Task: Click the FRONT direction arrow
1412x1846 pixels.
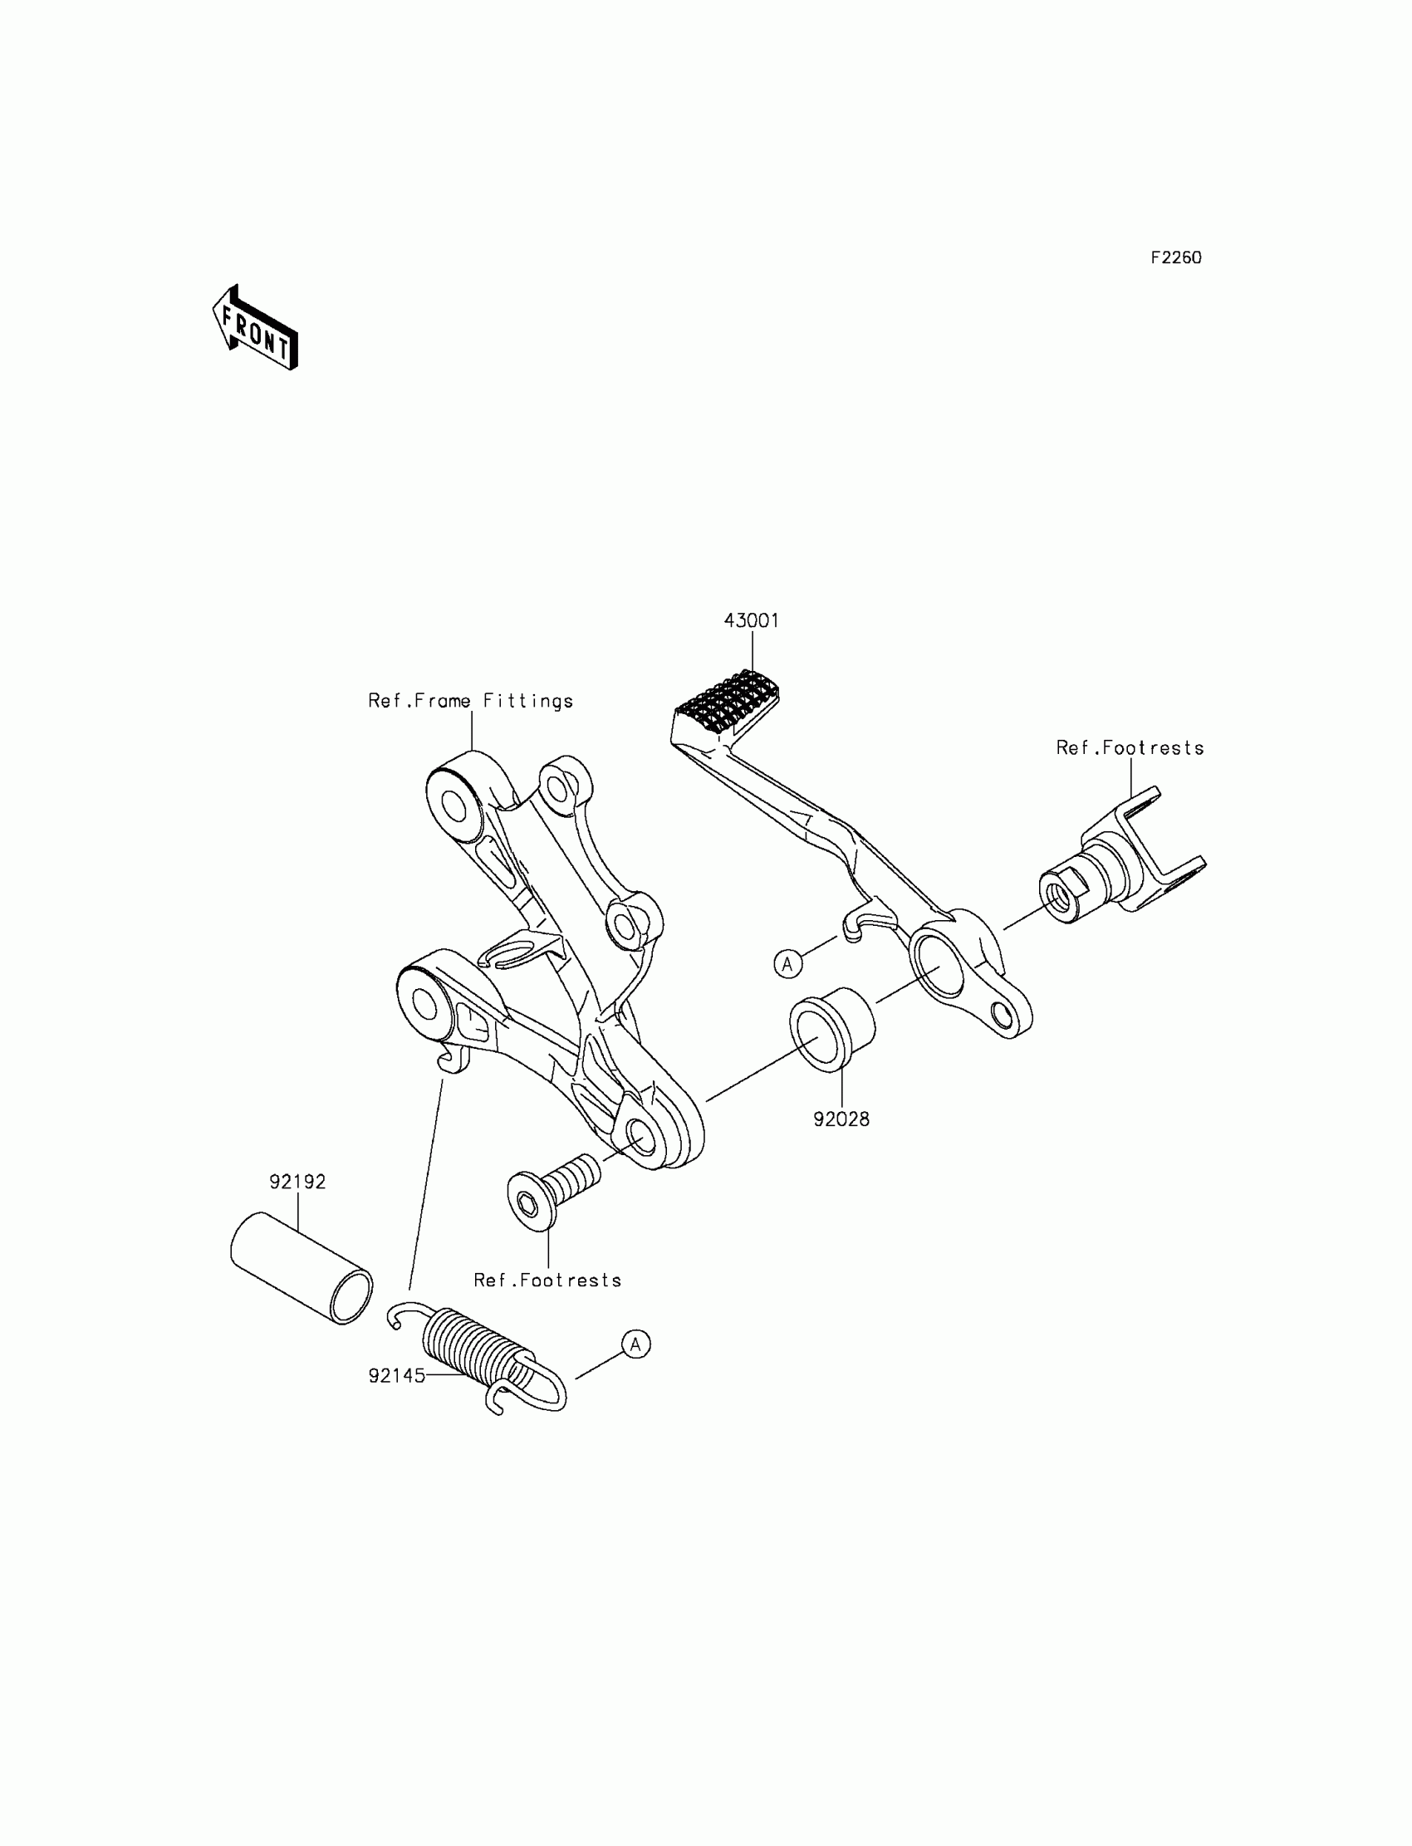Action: coord(256,328)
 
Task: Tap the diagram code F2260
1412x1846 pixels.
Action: coord(1176,258)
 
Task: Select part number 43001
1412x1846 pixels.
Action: coord(752,620)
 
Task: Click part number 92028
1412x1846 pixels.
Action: coord(841,1119)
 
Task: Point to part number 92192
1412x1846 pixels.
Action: coord(297,1182)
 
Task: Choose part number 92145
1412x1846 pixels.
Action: coord(397,1375)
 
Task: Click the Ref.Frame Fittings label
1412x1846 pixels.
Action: coord(471,701)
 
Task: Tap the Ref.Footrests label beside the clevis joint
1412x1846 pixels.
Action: coord(1130,748)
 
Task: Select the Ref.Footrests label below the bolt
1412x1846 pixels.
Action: coord(547,1280)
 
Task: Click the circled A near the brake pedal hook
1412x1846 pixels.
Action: coord(787,964)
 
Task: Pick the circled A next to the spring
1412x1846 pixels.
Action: coord(636,1344)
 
